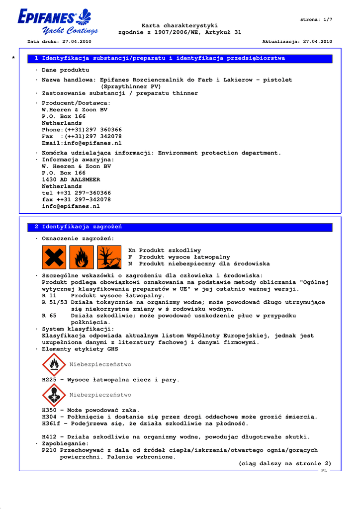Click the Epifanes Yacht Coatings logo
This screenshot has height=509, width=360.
[55, 22]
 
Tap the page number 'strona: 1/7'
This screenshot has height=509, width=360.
[316, 19]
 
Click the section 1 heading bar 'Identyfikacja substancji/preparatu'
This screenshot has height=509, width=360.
[160, 58]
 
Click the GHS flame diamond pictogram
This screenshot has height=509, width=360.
[54, 365]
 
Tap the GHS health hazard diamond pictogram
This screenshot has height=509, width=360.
[54, 395]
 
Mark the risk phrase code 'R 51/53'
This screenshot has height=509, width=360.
[55, 302]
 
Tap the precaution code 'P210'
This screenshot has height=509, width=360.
[49, 450]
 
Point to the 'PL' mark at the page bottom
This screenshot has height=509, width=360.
[324, 470]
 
